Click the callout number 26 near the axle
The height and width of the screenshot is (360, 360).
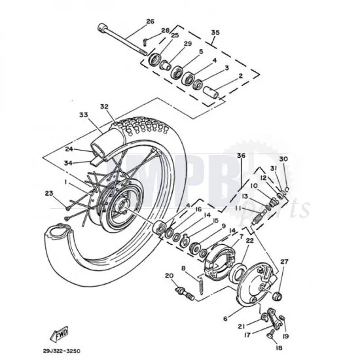coord(150,22)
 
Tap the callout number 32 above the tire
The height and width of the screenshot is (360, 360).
coord(103,106)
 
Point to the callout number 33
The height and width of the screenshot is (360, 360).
coord(83,115)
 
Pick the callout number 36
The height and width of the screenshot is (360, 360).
coord(241,156)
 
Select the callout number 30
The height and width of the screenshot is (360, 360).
coord(283,159)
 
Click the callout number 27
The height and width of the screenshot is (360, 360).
coord(283,261)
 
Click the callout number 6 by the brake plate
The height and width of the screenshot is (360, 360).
coord(226,318)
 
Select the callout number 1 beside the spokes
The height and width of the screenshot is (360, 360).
coord(66,176)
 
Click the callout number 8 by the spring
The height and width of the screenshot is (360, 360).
coord(183,268)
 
